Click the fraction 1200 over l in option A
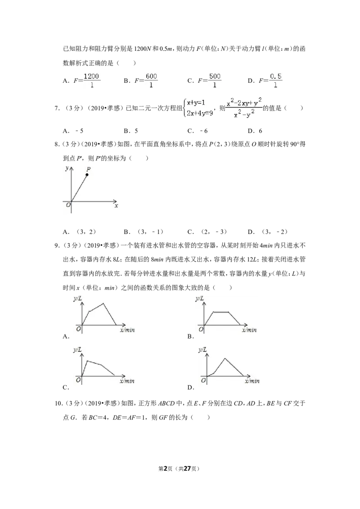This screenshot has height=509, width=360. tap(91, 80)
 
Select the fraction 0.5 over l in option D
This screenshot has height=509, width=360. tap(275, 80)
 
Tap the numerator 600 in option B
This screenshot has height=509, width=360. tap(151, 76)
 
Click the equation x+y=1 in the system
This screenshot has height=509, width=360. tap(196, 103)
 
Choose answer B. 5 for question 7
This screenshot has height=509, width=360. tap(131, 131)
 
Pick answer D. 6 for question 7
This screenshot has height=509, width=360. tap(255, 131)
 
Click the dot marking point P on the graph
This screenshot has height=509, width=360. tap(87, 174)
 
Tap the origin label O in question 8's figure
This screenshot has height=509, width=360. tap(68, 205)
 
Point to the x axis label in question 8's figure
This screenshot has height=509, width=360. tap(116, 205)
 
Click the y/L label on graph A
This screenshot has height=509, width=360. tap(77, 298)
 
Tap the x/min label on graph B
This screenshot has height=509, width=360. tap(249, 330)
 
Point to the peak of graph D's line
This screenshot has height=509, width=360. tap(225, 358)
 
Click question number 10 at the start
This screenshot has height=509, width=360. tap(58, 403)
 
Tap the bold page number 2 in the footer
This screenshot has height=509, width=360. tap(165, 469)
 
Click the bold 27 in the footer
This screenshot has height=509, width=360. tap(187, 469)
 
